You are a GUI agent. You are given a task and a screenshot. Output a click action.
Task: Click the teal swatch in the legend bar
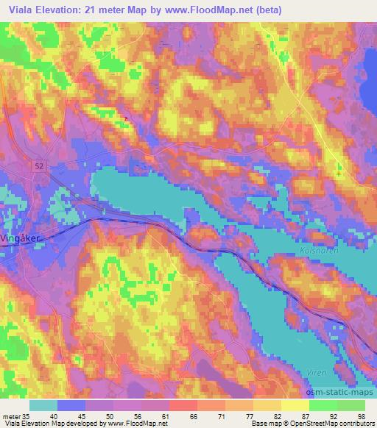(x=43, y=404)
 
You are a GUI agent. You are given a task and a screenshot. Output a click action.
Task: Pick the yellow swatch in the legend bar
(x=295, y=404)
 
